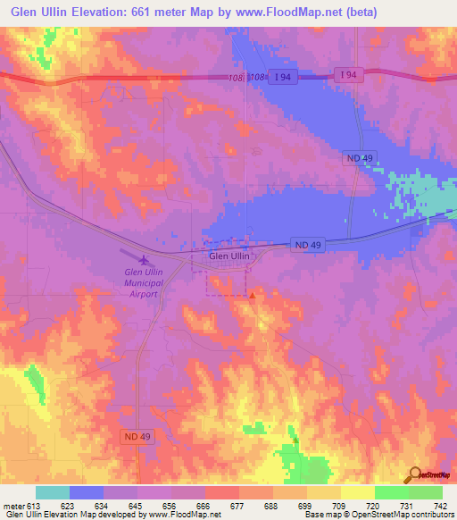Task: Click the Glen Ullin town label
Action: click(229, 256)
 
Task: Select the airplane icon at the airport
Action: click(145, 259)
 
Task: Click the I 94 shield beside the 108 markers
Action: click(283, 78)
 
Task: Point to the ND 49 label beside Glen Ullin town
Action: click(306, 244)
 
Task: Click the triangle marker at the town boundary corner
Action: click(253, 296)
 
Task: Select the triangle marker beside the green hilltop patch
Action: click(295, 440)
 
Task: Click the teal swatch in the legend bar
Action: click(53, 492)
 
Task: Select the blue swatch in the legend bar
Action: click(87, 492)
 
